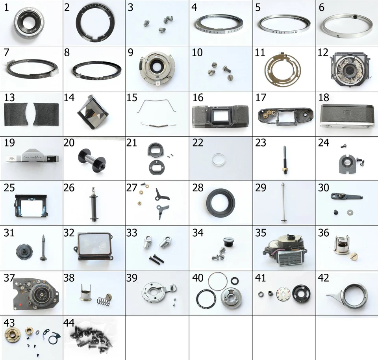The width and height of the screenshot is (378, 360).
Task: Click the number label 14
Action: point(70,97)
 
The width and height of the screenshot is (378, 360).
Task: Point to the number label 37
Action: point(9,278)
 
